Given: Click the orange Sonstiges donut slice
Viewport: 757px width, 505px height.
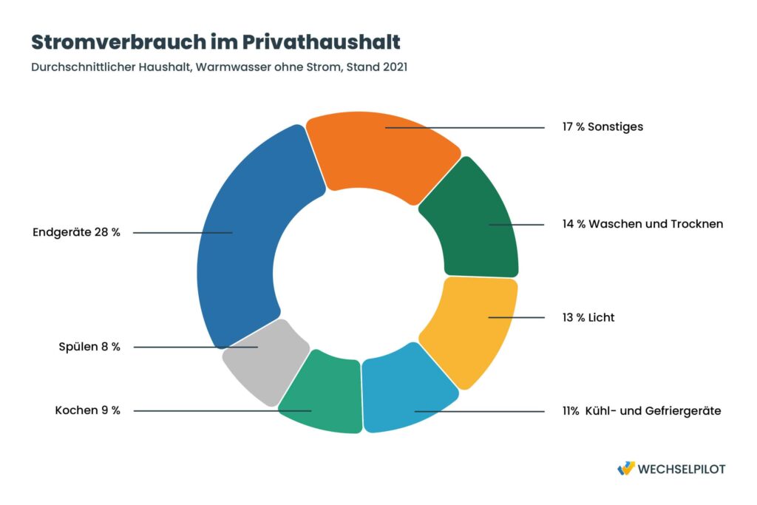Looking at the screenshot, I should pos(381,155).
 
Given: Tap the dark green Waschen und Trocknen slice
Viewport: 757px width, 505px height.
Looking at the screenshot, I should pos(473,222).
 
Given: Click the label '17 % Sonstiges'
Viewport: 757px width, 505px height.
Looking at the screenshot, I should pos(602,126).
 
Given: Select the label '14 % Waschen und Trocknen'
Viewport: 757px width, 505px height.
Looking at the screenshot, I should pos(642,224).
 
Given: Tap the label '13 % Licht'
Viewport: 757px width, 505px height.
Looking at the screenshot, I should pos(588,318).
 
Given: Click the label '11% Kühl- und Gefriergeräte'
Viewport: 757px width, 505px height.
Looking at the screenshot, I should pos(641,410).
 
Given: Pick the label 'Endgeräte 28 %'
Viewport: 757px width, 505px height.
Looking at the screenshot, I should pos(76,232).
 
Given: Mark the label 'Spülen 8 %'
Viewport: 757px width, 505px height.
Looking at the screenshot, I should pos(89,346).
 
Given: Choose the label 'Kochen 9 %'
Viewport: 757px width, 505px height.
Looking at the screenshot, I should pos(87,410).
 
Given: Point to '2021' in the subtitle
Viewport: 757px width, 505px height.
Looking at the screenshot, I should pos(393,67).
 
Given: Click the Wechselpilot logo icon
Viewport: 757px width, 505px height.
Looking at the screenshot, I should pos(625,468).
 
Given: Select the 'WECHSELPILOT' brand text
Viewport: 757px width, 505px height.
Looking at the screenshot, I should pos(681,469).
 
